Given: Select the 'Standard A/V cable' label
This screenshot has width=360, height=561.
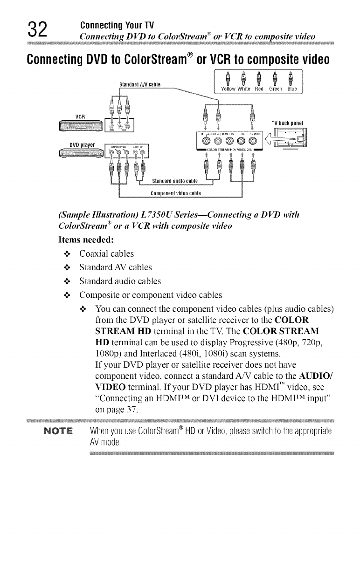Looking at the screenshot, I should (140, 84).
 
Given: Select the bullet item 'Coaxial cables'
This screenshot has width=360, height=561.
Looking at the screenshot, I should (106, 253).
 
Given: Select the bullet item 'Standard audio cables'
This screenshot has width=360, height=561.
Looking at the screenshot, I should (120, 281).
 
